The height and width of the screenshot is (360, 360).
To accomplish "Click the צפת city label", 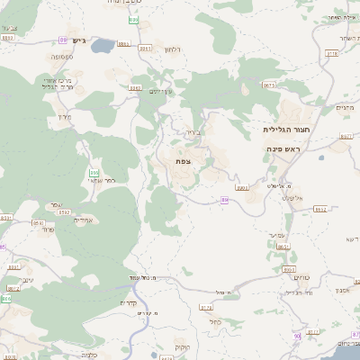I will click(x=183, y=160).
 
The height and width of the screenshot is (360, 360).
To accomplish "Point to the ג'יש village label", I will click(x=78, y=40).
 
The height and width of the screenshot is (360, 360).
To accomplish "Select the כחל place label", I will click(x=213, y=321).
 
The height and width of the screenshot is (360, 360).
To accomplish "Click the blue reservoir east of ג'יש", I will click(x=102, y=43).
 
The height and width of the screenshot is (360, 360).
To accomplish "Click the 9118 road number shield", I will click(x=332, y=54).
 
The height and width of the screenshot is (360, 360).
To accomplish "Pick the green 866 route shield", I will click(x=94, y=172).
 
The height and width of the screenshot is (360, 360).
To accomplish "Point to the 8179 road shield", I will click(x=206, y=307).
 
